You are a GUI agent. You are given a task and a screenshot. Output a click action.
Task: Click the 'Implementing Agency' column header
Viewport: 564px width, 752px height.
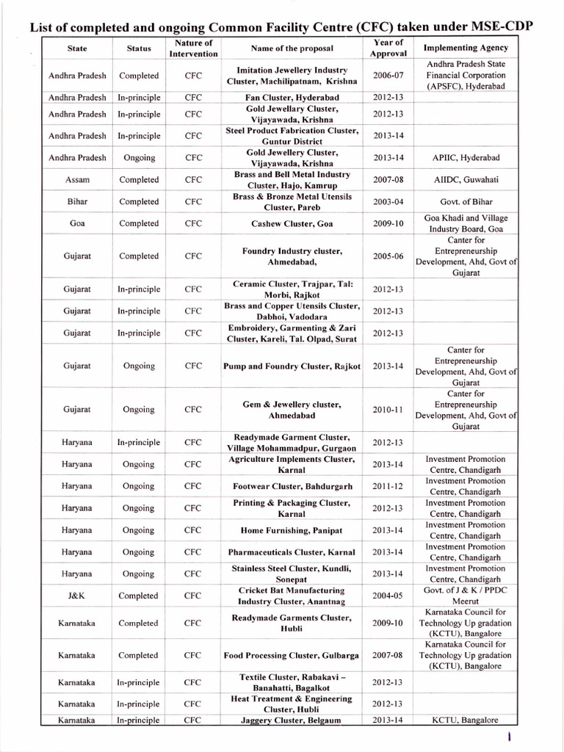(x=466, y=48)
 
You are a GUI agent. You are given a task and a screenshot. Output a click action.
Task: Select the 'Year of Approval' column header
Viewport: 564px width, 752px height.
(x=388, y=48)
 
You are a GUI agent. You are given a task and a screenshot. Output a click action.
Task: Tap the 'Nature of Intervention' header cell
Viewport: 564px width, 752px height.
(x=193, y=48)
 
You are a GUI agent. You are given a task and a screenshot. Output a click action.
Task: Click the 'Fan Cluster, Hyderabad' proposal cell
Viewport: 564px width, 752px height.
(x=292, y=97)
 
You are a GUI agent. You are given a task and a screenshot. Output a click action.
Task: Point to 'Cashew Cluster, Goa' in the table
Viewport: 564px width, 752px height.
(x=292, y=223)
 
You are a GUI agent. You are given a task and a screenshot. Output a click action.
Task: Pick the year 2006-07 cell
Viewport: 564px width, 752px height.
(x=388, y=76)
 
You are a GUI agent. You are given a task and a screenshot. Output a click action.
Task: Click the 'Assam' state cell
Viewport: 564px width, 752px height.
(x=77, y=180)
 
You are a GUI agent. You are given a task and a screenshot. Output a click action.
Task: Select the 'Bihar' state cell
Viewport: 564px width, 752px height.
(x=77, y=202)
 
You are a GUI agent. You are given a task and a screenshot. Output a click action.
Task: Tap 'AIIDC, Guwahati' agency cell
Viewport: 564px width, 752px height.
(x=466, y=180)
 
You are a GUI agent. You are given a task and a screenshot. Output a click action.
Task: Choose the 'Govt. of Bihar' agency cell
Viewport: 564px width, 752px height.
(x=466, y=202)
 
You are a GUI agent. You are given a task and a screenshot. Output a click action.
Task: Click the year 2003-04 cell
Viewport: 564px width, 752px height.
(x=388, y=202)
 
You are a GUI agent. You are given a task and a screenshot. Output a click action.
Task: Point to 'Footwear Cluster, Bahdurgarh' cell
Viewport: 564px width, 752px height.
(x=292, y=486)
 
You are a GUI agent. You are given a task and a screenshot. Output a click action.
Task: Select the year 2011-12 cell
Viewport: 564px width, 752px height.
(x=388, y=486)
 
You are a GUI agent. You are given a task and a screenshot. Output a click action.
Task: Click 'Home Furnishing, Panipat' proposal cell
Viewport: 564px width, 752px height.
(x=292, y=530)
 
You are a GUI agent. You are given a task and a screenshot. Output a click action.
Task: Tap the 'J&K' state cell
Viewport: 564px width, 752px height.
(x=77, y=596)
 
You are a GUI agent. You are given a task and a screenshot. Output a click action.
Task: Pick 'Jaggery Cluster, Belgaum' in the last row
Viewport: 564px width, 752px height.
(x=292, y=720)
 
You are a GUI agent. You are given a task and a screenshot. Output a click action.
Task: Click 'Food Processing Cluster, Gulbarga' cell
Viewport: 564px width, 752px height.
(x=292, y=655)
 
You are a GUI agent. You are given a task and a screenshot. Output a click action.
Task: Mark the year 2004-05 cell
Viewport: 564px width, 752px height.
(x=388, y=596)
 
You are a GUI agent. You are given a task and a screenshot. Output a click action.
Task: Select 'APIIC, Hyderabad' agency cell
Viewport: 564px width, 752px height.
(x=466, y=158)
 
